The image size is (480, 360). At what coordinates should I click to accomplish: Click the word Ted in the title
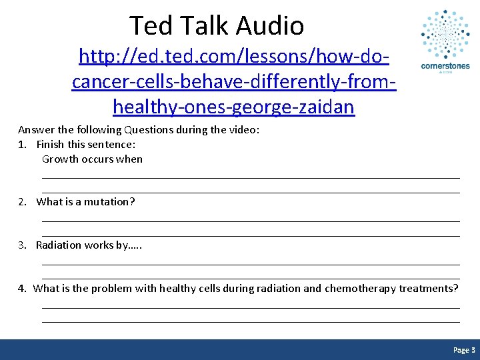148,26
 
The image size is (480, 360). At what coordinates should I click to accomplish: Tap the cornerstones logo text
445,66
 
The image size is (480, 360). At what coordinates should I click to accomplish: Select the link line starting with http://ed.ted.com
233,57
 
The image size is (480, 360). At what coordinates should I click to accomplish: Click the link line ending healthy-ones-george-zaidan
233,106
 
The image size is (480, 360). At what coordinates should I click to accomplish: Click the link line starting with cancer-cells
233,81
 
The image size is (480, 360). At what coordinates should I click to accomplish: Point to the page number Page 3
464,350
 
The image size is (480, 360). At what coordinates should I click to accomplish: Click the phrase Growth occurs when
92,159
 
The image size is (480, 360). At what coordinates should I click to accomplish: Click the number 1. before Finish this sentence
23,145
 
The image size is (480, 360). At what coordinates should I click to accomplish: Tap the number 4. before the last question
23,289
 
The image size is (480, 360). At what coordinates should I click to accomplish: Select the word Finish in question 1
50,145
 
